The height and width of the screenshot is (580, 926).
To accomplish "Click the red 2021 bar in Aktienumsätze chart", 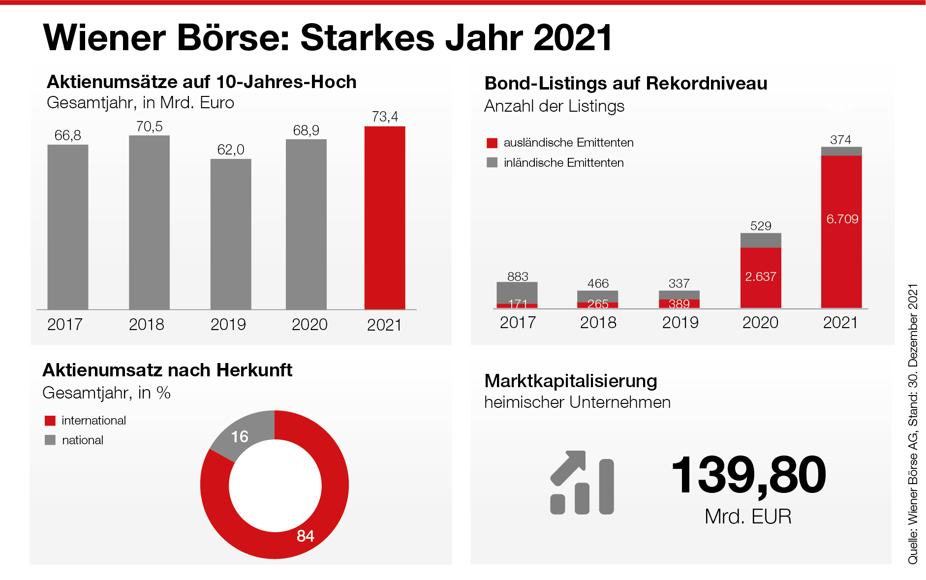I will [x=384, y=217].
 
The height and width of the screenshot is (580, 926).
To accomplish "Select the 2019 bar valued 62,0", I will [x=231, y=234].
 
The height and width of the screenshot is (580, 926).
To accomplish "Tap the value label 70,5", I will [x=149, y=126].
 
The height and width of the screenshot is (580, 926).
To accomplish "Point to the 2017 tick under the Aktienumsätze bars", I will [x=64, y=325].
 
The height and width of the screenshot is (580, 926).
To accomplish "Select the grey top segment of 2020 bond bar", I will [x=761, y=240].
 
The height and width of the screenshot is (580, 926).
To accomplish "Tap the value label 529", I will [x=761, y=226].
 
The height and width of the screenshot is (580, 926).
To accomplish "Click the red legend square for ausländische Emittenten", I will [x=492, y=143].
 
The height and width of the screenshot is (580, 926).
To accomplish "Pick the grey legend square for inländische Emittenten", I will [x=492, y=163].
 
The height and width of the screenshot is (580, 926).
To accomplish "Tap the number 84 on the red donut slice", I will [x=306, y=536].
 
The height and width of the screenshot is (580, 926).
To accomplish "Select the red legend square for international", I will [x=50, y=421].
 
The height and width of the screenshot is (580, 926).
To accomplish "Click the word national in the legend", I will [x=83, y=440].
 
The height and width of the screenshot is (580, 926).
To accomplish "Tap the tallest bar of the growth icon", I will [x=606, y=487].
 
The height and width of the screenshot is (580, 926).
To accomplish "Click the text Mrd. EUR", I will [x=748, y=517].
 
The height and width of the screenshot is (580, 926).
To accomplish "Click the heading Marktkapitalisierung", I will [x=571, y=381].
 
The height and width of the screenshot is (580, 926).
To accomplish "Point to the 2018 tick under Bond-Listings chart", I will [x=598, y=323].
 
